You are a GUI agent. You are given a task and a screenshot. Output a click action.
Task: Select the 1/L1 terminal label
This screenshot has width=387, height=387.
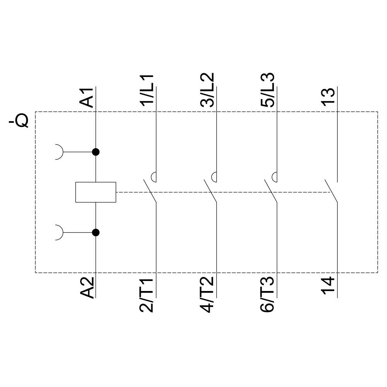click(x=148, y=91)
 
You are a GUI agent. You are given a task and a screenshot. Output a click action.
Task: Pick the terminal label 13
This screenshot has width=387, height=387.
click(x=328, y=98)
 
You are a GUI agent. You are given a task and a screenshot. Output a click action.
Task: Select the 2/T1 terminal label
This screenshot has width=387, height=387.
click(x=148, y=295)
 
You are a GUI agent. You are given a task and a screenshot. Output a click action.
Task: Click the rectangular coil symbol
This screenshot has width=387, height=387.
click(x=96, y=192)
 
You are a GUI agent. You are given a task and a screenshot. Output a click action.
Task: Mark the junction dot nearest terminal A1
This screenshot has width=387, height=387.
click(x=96, y=152)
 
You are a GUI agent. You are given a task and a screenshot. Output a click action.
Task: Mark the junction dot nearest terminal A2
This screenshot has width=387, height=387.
click(x=96, y=232)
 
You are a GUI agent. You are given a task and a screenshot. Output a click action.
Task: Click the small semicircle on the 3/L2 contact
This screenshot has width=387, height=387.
click(x=214, y=176)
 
